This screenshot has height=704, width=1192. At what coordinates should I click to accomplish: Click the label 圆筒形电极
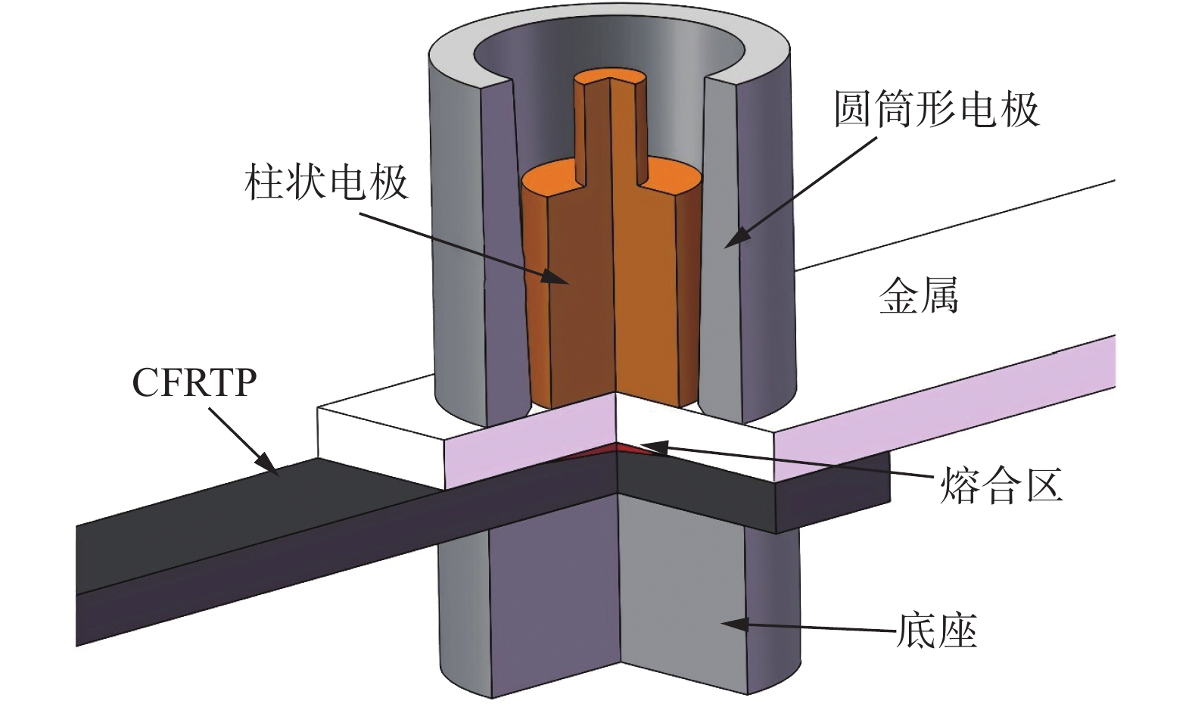click(x=936, y=110)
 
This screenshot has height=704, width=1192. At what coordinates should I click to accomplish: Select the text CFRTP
click(x=195, y=383)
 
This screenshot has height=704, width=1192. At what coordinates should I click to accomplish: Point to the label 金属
click(x=919, y=295)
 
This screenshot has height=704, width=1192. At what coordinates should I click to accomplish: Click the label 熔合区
click(x=1001, y=485)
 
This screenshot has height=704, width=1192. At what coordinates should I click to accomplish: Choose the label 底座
click(x=936, y=631)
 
